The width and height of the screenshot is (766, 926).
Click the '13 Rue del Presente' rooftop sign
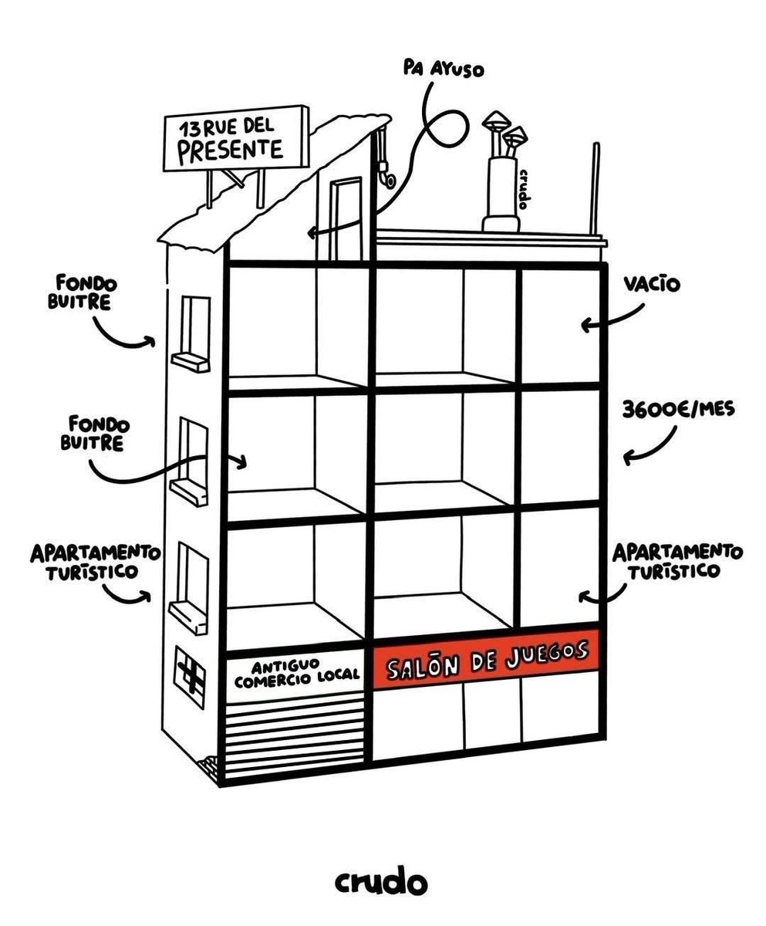[x=236, y=138]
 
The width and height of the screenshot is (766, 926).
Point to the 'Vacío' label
[x=651, y=284]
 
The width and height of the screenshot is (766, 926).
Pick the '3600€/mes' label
[x=678, y=409]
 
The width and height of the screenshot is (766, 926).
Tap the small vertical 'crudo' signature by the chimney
[x=524, y=189]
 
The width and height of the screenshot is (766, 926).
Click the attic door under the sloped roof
[x=346, y=219]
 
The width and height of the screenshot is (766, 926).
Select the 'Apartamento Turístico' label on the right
[x=677, y=561]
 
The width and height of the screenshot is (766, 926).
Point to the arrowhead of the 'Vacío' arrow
[x=587, y=325]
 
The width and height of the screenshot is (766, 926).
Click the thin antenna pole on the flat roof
[x=596, y=188]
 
